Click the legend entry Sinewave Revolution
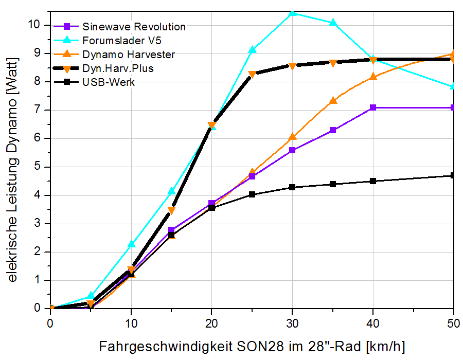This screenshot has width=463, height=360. (x=134, y=26)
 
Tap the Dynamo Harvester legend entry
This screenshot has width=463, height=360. (x=129, y=54)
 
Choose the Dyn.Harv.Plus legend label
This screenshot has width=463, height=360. (x=118, y=68)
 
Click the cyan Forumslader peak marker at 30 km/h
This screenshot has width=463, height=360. (x=292, y=12)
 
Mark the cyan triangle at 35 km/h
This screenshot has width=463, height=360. (x=333, y=23)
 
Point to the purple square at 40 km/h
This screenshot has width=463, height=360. (x=373, y=107)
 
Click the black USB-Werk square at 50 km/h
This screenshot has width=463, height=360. (x=453, y=175)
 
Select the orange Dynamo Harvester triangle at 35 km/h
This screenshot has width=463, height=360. (x=333, y=101)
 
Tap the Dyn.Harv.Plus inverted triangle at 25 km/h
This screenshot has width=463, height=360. (x=252, y=75)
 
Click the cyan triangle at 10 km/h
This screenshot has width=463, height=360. (x=131, y=244)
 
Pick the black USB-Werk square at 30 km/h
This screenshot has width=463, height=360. (x=292, y=187)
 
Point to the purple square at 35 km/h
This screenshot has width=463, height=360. (x=333, y=130)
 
